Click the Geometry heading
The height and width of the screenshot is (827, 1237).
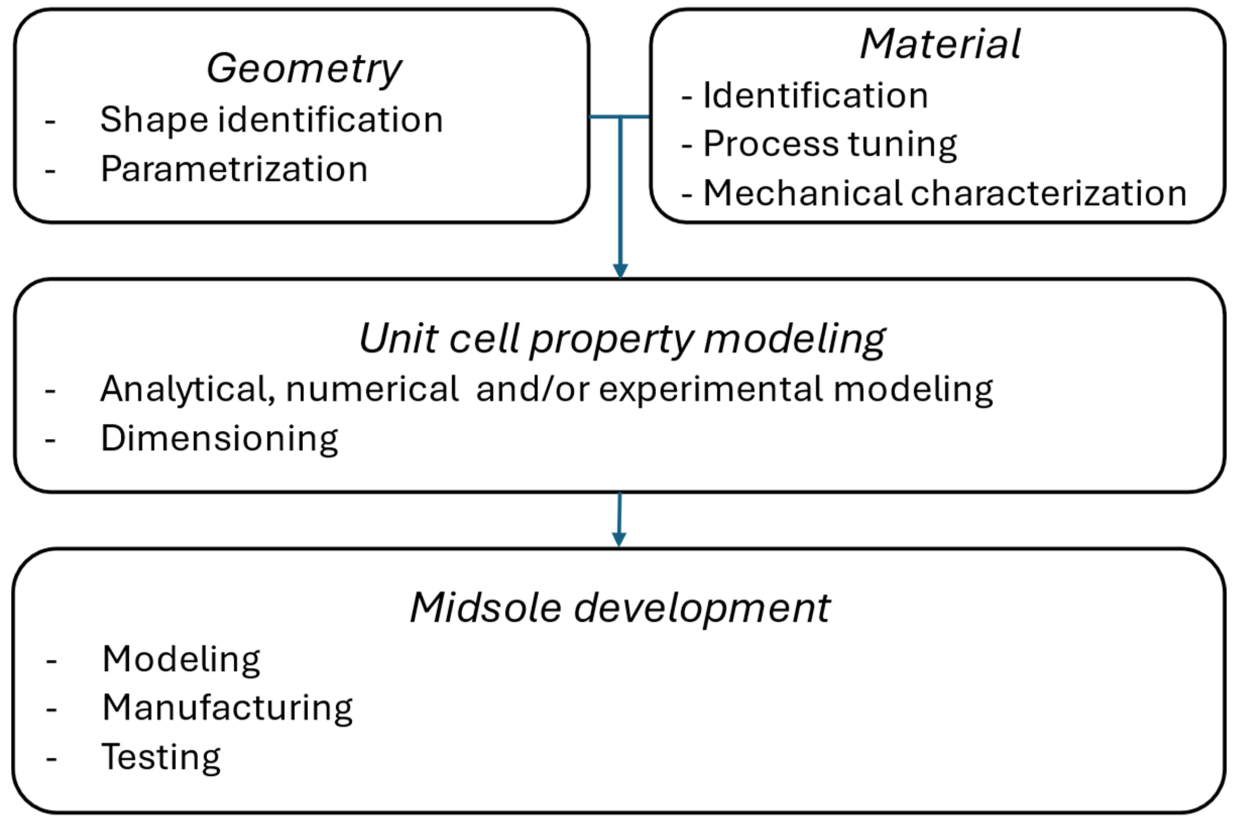[x=304, y=69]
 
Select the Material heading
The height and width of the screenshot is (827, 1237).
[x=940, y=44]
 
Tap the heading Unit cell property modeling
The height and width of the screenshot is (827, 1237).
[x=622, y=339]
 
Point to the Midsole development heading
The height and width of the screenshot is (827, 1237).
[x=620, y=608]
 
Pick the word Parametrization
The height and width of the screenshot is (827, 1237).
[x=234, y=169]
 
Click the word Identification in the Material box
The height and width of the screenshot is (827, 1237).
[x=815, y=95]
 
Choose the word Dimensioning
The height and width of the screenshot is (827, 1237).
[x=219, y=439]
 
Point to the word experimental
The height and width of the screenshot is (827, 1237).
[x=711, y=389]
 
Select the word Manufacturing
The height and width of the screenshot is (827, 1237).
[x=227, y=708]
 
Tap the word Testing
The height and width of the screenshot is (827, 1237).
[x=161, y=757]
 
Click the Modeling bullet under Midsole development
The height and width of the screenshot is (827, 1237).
[x=181, y=659]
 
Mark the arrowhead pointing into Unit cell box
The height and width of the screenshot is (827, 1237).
[x=620, y=271]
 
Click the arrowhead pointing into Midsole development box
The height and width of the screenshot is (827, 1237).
[x=619, y=539]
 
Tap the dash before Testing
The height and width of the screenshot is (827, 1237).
[x=51, y=759]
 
